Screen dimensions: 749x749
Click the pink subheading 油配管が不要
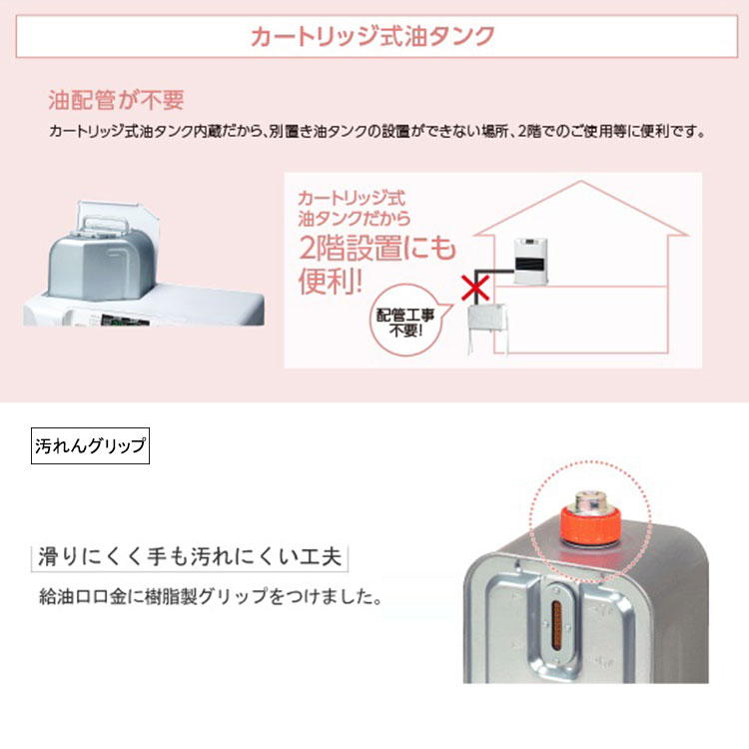(x=116, y=101)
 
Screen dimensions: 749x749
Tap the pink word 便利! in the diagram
(x=331, y=281)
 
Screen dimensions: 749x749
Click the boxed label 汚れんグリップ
(x=90, y=445)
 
